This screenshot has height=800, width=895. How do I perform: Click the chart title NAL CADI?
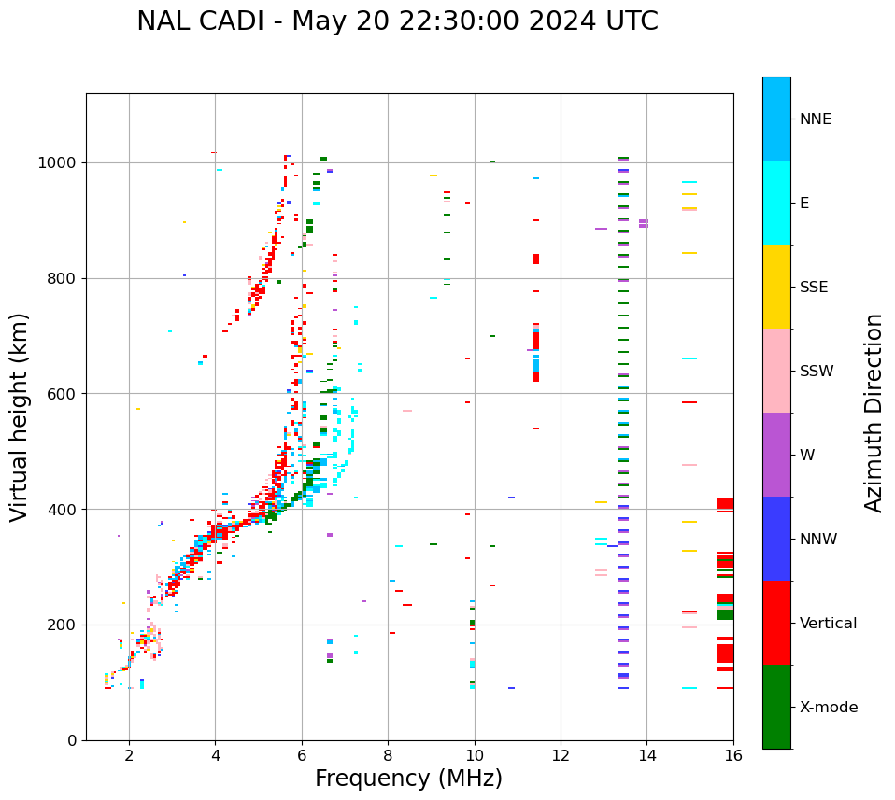point(397,21)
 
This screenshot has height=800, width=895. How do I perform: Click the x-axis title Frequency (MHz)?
point(408,779)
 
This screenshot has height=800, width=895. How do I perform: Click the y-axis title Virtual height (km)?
point(20,416)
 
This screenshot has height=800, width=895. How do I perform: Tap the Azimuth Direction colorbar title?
point(874,413)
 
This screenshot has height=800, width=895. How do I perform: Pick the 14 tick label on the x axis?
point(646,755)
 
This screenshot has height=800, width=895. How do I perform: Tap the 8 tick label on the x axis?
point(388,755)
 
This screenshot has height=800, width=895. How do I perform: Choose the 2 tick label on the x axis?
point(129,755)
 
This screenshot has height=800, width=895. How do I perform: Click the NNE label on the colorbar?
point(816,119)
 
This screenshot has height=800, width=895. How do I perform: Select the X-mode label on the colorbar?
point(829,708)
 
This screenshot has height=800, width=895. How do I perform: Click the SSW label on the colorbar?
point(817,372)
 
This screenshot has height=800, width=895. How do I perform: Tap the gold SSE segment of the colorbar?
point(776,287)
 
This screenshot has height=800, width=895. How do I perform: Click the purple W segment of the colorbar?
point(776,455)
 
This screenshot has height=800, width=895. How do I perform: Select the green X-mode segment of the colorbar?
point(776,707)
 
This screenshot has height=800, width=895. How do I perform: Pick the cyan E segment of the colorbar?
point(776,203)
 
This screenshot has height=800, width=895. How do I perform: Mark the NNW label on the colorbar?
point(818,540)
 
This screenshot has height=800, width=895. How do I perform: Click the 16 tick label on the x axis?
point(733,755)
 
